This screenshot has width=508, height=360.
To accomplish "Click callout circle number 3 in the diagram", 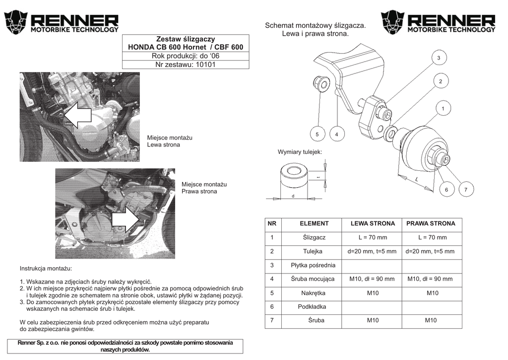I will point(439,58).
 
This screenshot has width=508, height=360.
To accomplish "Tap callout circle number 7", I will point(466,190).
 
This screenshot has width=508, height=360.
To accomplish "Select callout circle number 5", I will point(317,134).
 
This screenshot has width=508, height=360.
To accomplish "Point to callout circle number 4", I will point(336,134).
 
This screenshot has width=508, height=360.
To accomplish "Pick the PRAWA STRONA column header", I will point(431,224).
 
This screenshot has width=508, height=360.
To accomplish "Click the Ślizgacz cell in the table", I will point(314,238).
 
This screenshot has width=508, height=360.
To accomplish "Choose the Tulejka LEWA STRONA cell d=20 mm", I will point(372,252).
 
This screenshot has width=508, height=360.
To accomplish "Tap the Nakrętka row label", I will point(313,293).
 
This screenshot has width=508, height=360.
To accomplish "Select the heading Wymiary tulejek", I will point(300,151).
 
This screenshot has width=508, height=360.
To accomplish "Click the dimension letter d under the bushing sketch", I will point(293,196).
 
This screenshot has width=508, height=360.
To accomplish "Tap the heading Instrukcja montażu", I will point(46,269).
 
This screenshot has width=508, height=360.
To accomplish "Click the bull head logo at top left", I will point(15,22).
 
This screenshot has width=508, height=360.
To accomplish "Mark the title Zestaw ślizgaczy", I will point(185,38).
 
